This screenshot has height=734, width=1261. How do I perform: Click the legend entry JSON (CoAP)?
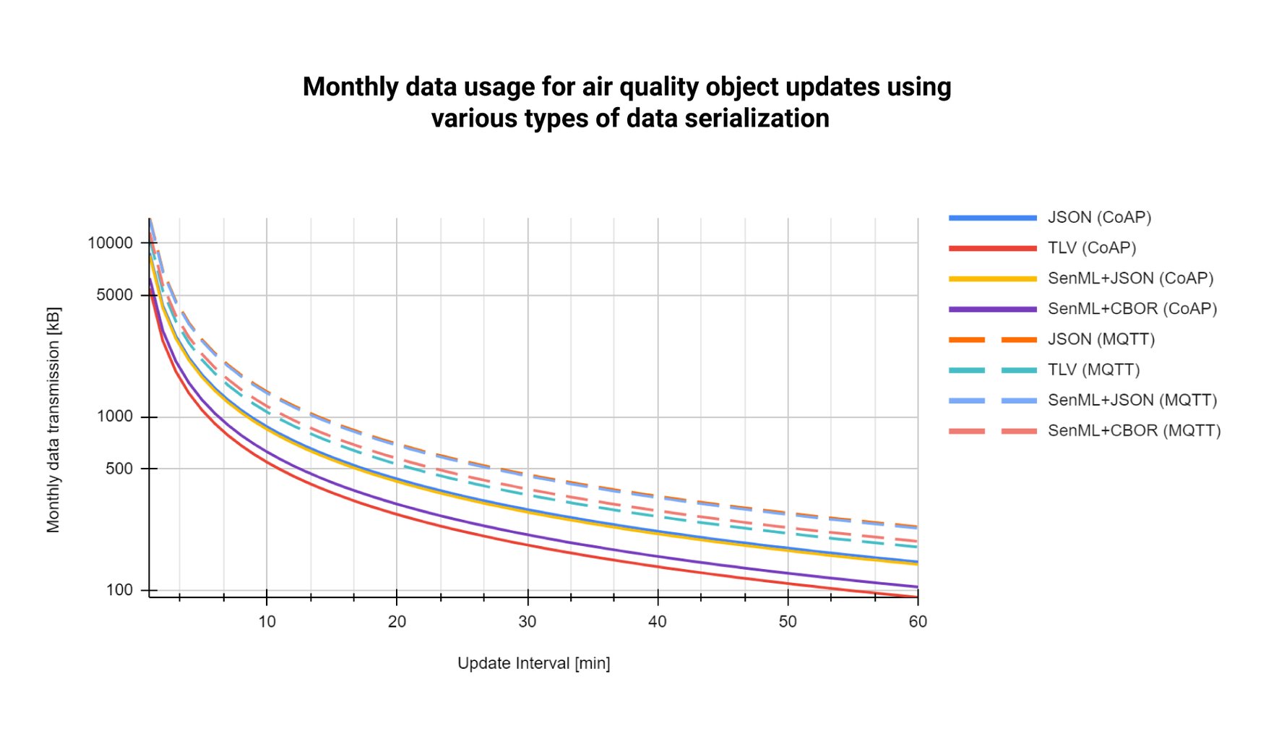[x=1099, y=218]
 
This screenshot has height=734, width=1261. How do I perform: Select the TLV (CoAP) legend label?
[x=1092, y=248]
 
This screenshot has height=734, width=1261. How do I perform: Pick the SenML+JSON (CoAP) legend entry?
[x=1130, y=278]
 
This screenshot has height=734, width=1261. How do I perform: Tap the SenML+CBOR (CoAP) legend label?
[x=1132, y=309]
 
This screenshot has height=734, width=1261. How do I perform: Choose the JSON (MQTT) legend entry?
[x=1101, y=339]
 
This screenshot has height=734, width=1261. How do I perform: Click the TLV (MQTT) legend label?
[x=1093, y=370]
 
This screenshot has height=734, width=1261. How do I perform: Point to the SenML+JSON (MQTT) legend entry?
[x=1132, y=400]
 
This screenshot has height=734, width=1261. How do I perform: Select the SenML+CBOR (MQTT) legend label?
[x=1134, y=430]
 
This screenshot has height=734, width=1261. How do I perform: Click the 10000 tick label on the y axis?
[x=111, y=243]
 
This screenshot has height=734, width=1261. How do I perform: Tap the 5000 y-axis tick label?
[x=115, y=295]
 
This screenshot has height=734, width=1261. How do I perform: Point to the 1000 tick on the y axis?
[x=115, y=417]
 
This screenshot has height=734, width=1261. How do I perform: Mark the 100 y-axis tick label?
[x=119, y=590]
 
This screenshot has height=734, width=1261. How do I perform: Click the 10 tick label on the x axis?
[x=267, y=621]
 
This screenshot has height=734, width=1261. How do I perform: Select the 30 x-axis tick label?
[x=528, y=621]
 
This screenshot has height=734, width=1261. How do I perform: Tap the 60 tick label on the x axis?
[x=918, y=621]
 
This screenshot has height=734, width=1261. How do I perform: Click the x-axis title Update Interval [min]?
[x=533, y=663]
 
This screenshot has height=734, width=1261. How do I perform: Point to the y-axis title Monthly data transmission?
[x=53, y=420]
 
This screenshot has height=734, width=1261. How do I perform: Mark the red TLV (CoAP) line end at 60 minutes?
[x=917, y=597]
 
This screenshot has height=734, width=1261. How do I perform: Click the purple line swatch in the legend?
[x=992, y=309]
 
